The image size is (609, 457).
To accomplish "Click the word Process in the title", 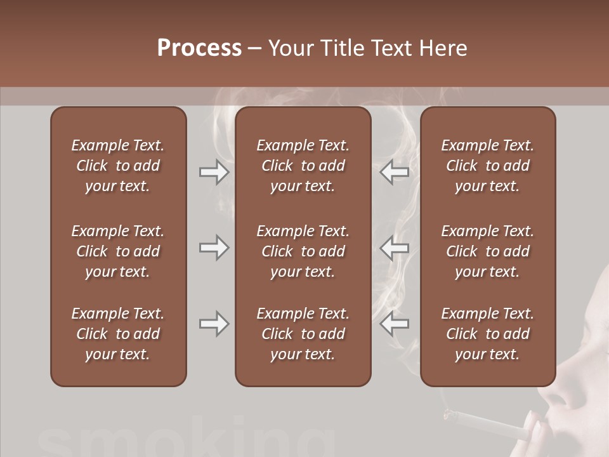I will (x=199, y=48).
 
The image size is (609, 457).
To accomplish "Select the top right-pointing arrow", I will (x=214, y=171).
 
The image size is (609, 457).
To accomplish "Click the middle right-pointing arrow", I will (x=214, y=247).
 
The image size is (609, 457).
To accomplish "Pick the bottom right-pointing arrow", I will (x=214, y=324).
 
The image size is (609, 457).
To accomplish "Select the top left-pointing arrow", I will (x=394, y=171).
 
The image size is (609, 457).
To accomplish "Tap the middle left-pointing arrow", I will (x=394, y=248).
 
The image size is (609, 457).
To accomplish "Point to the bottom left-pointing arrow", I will (x=394, y=324).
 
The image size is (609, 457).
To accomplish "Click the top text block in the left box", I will (x=118, y=166).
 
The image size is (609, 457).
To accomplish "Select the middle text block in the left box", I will (x=118, y=251).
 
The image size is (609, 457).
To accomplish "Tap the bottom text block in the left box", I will (x=118, y=334).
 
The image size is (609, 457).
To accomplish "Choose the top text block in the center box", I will (x=303, y=166).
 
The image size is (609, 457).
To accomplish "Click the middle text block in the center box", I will (x=303, y=251).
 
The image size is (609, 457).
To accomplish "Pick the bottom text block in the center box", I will (x=303, y=334).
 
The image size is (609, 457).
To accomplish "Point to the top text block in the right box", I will (x=487, y=166).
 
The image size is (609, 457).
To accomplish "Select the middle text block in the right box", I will (x=487, y=251).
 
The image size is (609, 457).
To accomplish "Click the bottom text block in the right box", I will (x=487, y=334).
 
